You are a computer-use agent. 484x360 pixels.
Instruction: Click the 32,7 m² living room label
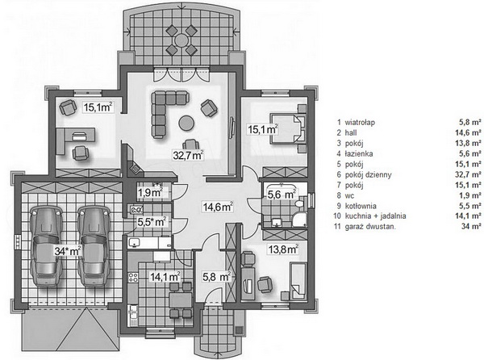coord(188,155)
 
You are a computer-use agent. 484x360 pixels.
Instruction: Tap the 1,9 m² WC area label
coord(150,192)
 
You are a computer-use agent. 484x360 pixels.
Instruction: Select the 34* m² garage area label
coord(68,251)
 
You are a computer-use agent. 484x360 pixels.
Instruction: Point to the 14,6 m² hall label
coord(218,207)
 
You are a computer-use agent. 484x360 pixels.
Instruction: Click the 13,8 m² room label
coord(283,249)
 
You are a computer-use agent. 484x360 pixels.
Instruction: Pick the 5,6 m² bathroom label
coord(282,195)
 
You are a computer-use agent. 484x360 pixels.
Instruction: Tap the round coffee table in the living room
coord(186,123)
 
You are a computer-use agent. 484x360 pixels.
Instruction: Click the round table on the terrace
coord(181,40)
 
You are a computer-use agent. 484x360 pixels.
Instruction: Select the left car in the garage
coord(46,246)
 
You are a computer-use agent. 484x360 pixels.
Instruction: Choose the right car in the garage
coord(94,246)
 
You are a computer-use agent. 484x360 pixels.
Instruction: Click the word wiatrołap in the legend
coord(360,122)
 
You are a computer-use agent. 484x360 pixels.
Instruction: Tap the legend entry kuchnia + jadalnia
coord(375,216)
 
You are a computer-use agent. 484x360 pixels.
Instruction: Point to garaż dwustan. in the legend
coord(370,227)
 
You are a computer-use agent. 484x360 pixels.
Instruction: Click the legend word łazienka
coord(359,153)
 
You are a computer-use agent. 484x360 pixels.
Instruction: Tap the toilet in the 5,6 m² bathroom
coord(299,203)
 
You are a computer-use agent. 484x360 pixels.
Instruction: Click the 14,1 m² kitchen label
coord(165,277)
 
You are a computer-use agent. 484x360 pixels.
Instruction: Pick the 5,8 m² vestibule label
coord(217,277)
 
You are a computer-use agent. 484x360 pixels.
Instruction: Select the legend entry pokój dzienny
coord(369,174)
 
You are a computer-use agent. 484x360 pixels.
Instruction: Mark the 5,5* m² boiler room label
coord(152,222)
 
